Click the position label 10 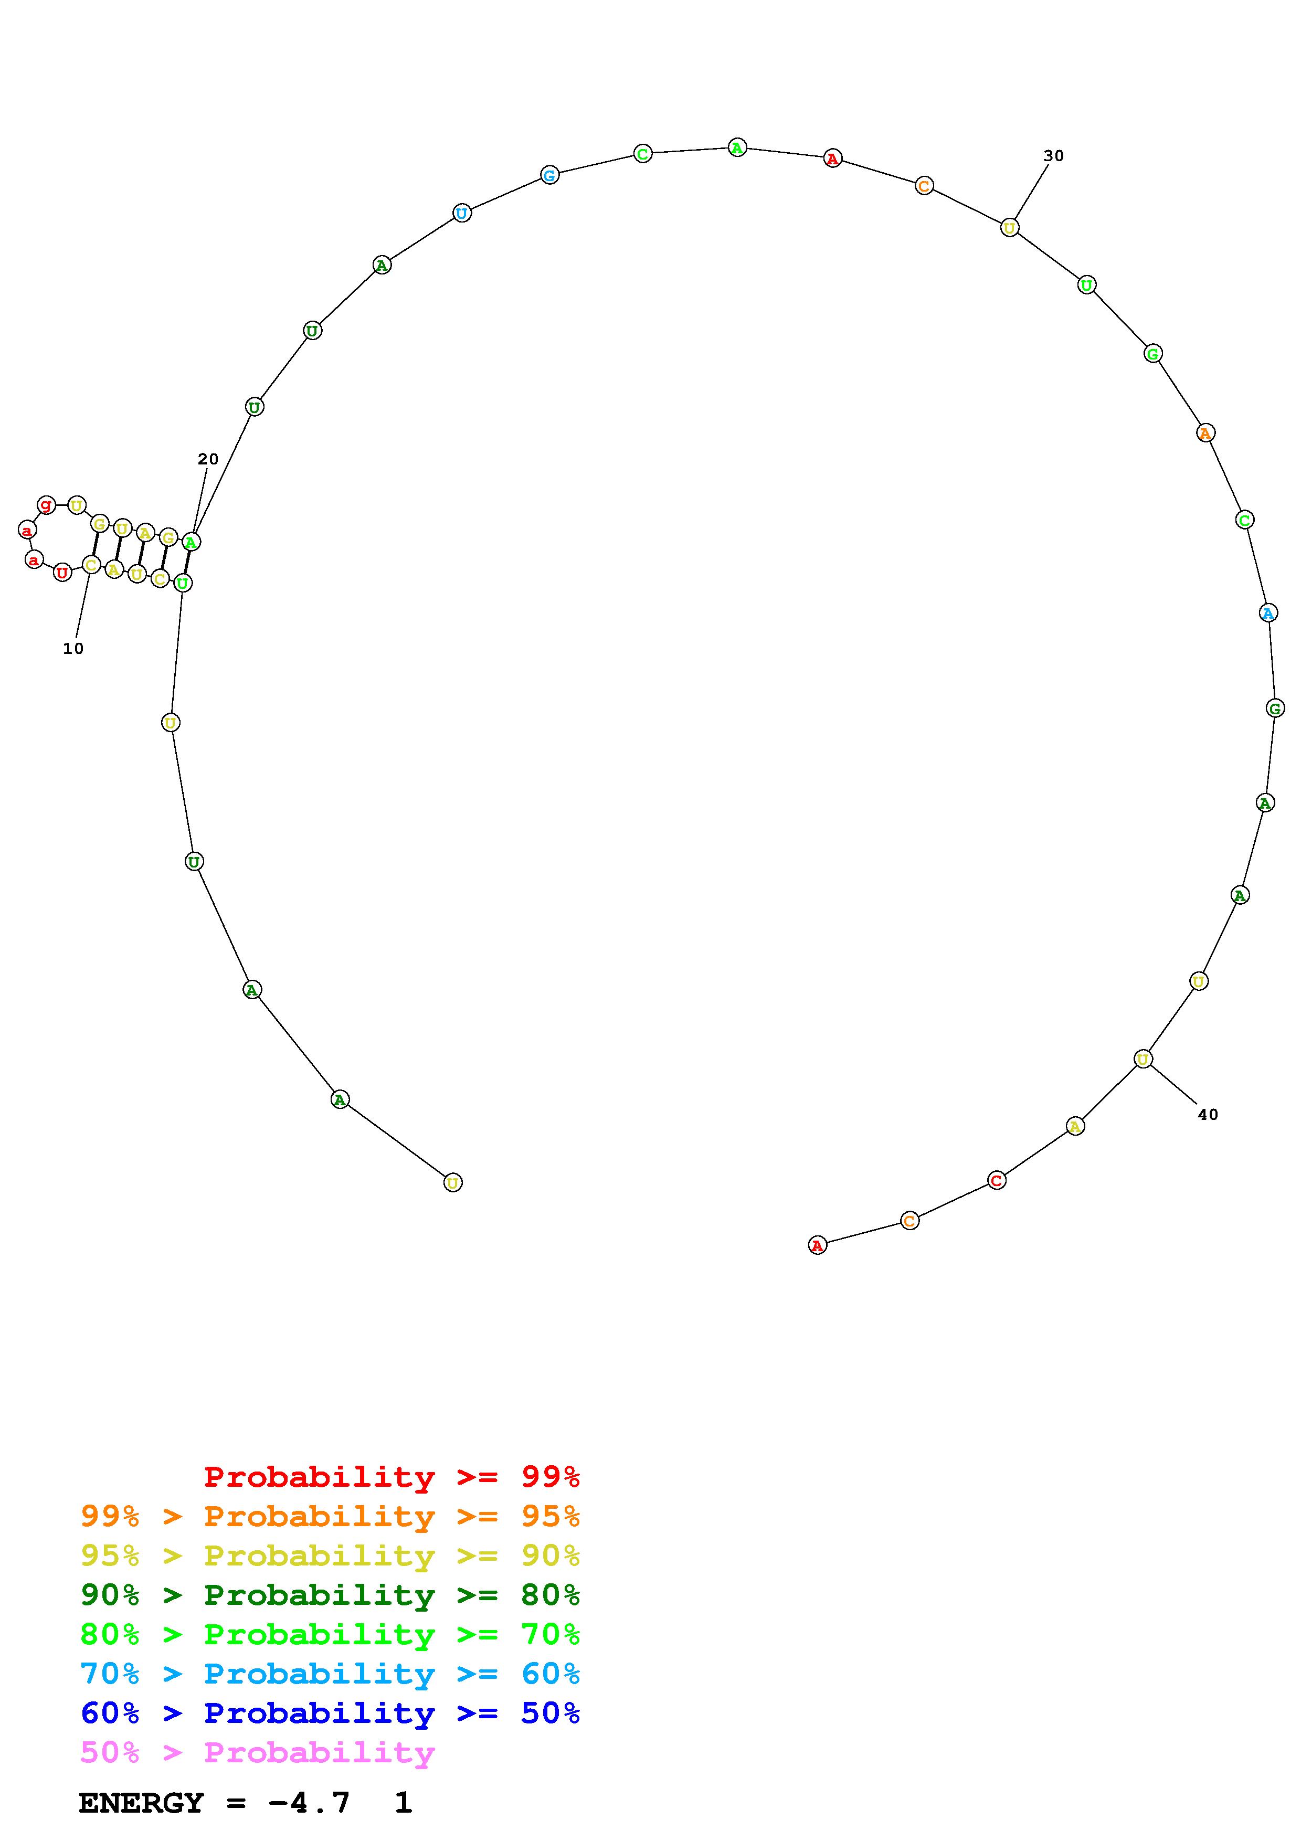(73, 649)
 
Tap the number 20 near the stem (208, 459)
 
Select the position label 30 (1053, 155)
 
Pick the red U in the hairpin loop (62, 573)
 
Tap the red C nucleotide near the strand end (997, 1180)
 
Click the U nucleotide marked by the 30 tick (1010, 228)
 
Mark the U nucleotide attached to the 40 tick (1143, 1059)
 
